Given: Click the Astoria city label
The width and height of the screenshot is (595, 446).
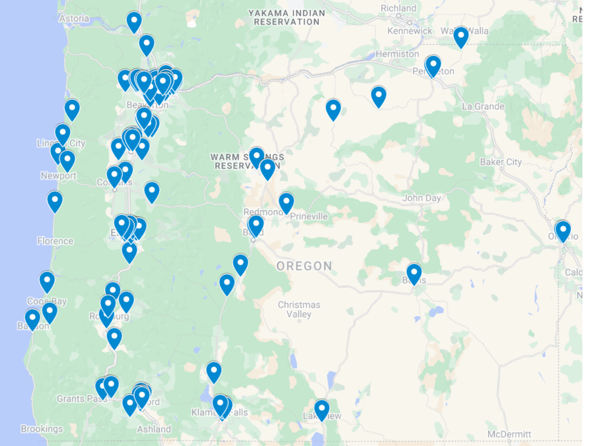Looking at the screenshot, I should (74, 18).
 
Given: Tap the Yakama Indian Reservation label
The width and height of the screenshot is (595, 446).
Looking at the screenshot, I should (286, 18).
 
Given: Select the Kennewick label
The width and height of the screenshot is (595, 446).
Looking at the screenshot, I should (410, 31).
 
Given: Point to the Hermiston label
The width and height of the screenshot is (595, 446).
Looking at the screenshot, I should (397, 54).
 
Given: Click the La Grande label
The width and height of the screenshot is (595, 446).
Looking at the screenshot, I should (483, 106).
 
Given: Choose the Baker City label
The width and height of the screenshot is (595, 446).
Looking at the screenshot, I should (501, 162).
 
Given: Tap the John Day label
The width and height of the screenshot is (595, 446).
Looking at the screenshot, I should (422, 198).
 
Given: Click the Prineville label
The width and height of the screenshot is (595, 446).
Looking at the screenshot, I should (309, 216).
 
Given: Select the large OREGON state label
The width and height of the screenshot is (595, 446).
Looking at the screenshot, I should (304, 266).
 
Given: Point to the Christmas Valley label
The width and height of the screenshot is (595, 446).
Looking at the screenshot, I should (299, 310).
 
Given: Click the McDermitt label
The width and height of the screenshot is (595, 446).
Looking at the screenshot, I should (509, 434).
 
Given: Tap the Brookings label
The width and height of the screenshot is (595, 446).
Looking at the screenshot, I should (42, 429).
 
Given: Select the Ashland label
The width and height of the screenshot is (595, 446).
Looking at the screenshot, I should (154, 429).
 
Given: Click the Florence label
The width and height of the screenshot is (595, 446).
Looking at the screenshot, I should (55, 241).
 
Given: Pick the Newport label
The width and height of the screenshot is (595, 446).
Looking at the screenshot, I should (59, 176).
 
